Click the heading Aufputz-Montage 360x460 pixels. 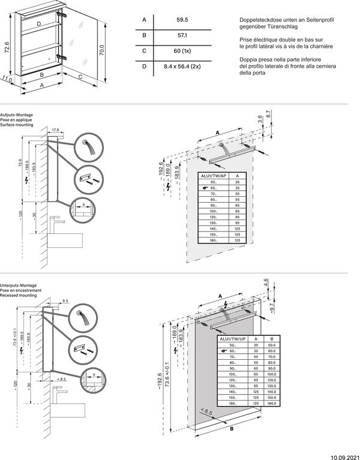[16, 114]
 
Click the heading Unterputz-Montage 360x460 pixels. [18, 286]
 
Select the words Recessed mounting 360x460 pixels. [17, 296]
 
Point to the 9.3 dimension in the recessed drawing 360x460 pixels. [65, 300]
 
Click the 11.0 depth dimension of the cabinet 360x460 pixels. [7, 79]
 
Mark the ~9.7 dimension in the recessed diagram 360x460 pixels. [271, 309]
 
